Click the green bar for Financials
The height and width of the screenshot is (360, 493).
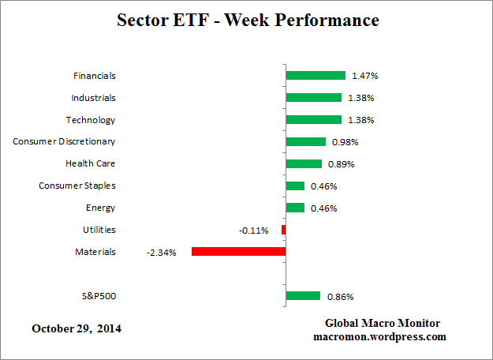coord(316,76)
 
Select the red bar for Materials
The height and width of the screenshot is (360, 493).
coord(238,252)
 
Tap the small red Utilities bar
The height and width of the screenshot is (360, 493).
coord(283,230)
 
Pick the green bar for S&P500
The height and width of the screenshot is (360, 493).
coord(303,296)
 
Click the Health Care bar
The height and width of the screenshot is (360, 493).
coord(304,164)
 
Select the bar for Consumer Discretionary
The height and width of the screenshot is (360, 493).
coord(306,142)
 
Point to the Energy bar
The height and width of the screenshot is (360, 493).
coord(295,208)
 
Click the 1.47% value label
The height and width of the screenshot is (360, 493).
coord(364,77)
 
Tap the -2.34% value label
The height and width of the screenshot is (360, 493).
coord(161,253)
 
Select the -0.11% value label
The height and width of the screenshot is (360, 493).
coord(254,231)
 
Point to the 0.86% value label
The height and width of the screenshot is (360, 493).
coord(339,297)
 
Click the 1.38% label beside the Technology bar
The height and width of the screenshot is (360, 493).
coord(360,121)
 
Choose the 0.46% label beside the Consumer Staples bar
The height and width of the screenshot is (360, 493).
coord(323,186)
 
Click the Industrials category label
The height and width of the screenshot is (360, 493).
coord(93,98)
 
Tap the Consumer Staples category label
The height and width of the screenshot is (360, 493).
coord(77,186)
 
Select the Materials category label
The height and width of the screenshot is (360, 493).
coord(95,252)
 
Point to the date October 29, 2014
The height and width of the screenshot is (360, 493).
coord(77,328)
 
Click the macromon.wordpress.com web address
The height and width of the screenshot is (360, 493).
coord(383,336)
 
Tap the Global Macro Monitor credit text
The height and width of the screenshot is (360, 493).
coord(383,324)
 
